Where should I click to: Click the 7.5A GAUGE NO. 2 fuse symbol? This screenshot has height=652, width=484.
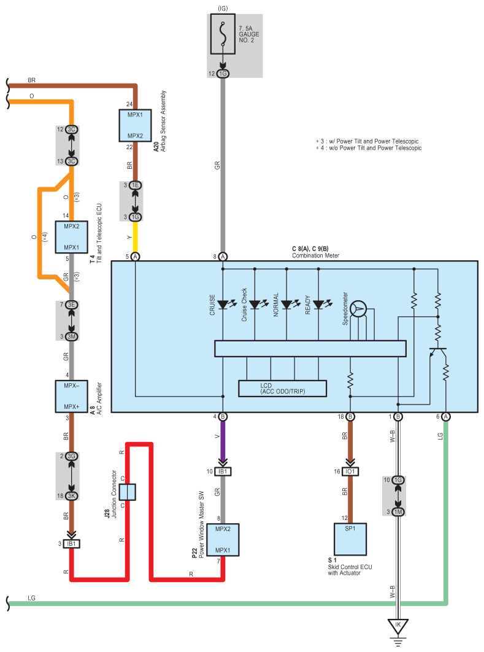223,34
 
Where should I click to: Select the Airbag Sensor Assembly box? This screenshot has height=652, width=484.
135,125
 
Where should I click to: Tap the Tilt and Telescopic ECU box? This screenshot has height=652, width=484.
71,237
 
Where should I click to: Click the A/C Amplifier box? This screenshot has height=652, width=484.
71,396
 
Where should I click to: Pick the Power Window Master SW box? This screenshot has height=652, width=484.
223,540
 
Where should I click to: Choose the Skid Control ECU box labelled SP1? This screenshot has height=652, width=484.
350,539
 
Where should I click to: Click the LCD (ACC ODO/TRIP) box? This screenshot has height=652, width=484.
283,389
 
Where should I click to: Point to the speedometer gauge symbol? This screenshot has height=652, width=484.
358,309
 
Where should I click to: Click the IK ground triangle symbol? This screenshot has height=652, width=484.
398,626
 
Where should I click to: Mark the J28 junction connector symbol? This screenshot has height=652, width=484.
127,492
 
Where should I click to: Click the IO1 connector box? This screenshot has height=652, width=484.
350,472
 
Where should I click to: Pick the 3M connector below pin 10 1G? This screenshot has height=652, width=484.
398,512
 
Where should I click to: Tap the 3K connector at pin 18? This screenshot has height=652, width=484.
71,496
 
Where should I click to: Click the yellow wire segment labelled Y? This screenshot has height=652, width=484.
135,236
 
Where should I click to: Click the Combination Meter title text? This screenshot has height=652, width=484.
315,256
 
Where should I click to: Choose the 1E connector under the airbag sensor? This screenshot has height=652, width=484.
135,185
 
